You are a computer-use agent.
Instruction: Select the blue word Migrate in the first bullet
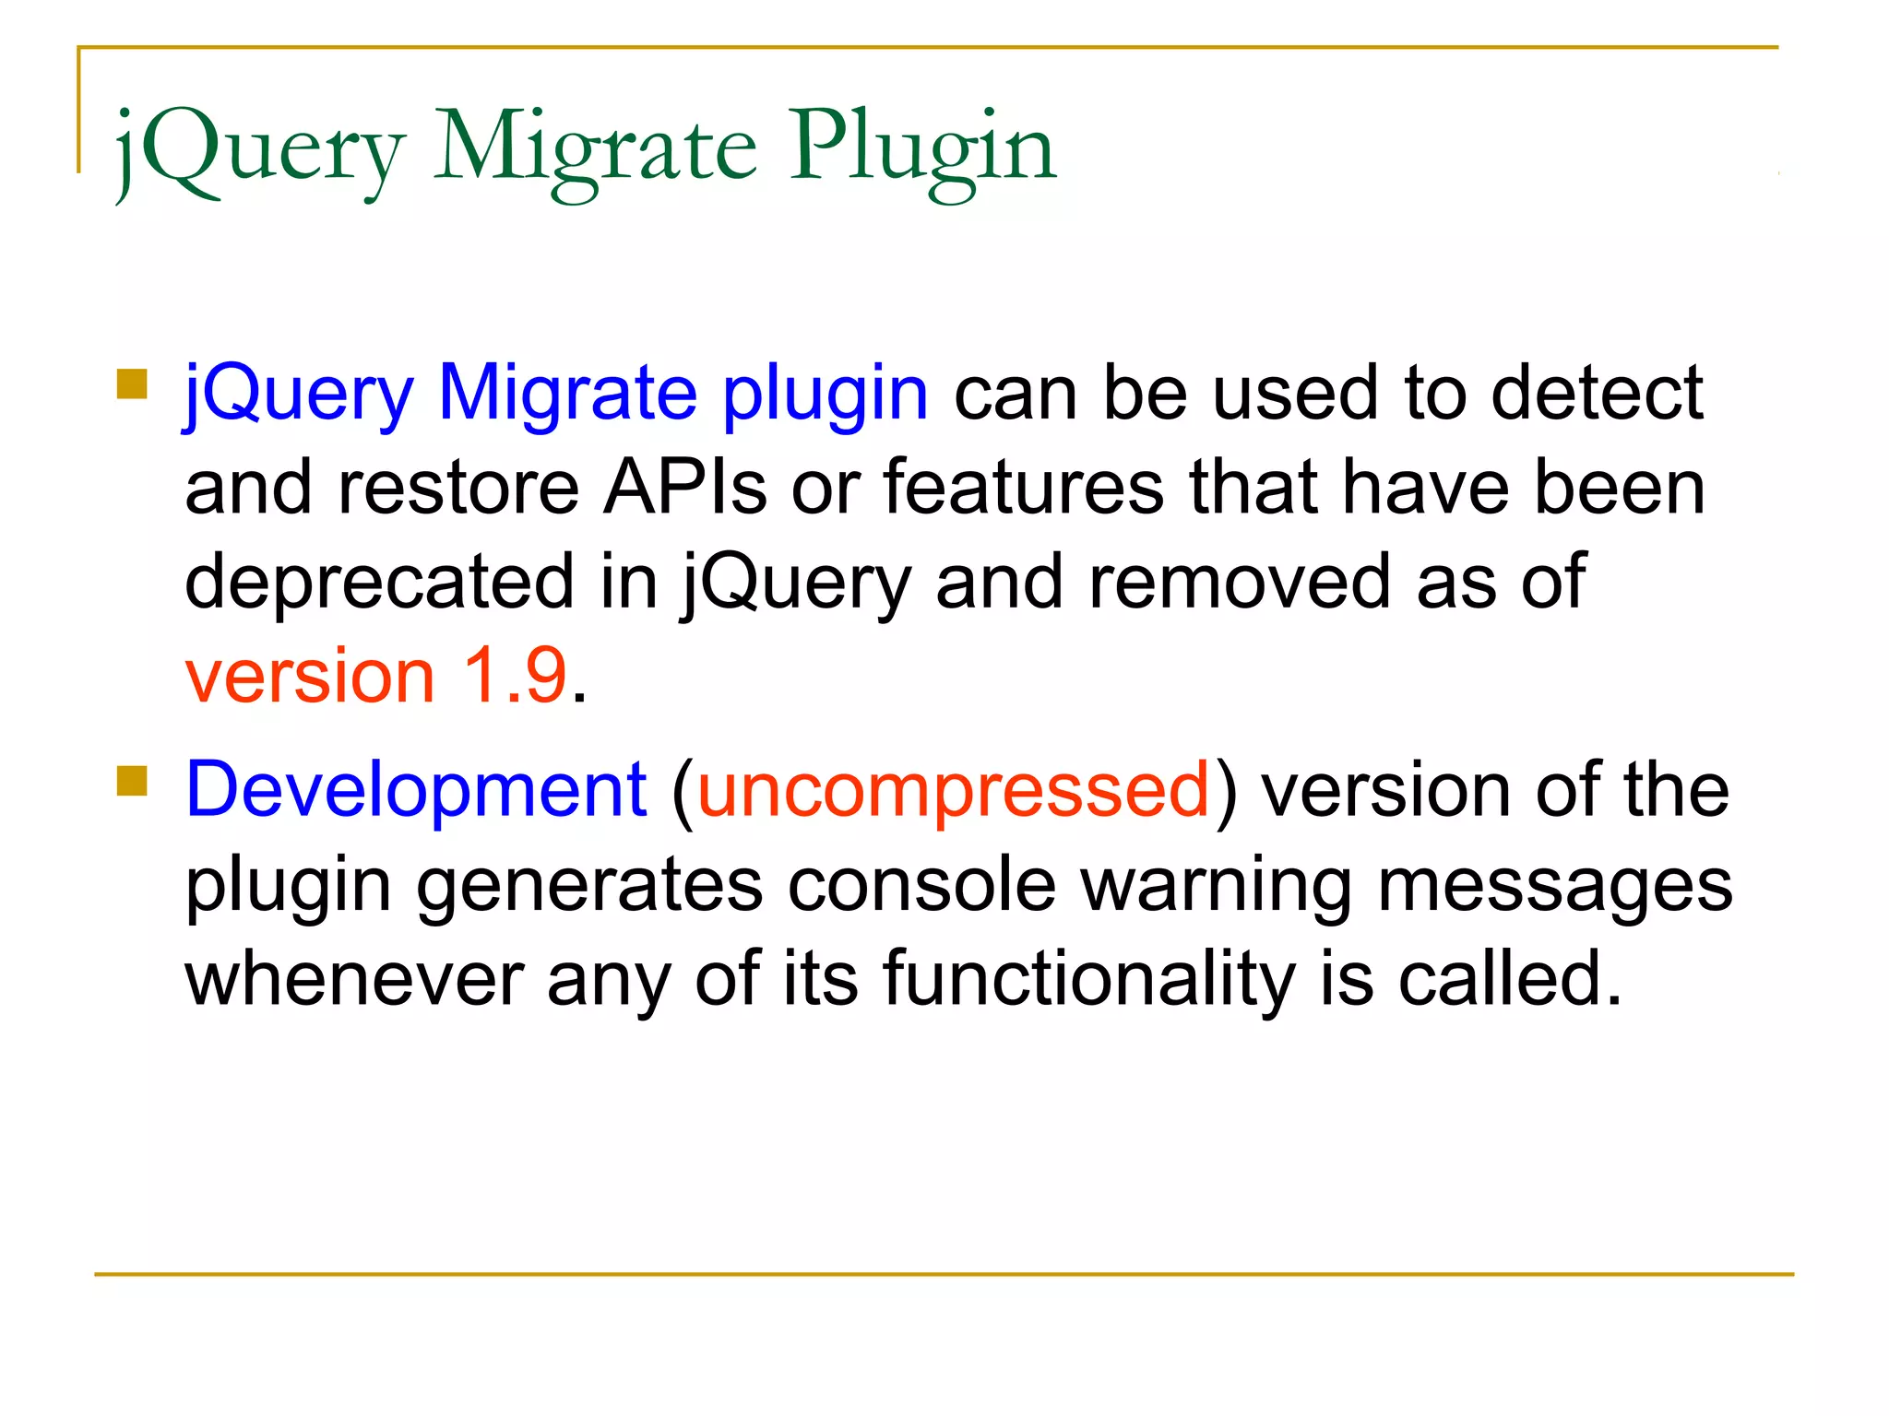[566, 394]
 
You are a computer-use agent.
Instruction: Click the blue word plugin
[825, 394]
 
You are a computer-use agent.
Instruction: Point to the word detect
[1597, 394]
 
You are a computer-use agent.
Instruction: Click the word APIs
[684, 488]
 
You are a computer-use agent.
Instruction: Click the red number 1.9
[514, 677]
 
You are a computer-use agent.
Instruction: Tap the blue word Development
[416, 791]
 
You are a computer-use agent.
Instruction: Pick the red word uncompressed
[953, 791]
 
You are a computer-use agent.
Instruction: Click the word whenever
[354, 979]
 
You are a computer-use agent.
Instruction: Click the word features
[1024, 488]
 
